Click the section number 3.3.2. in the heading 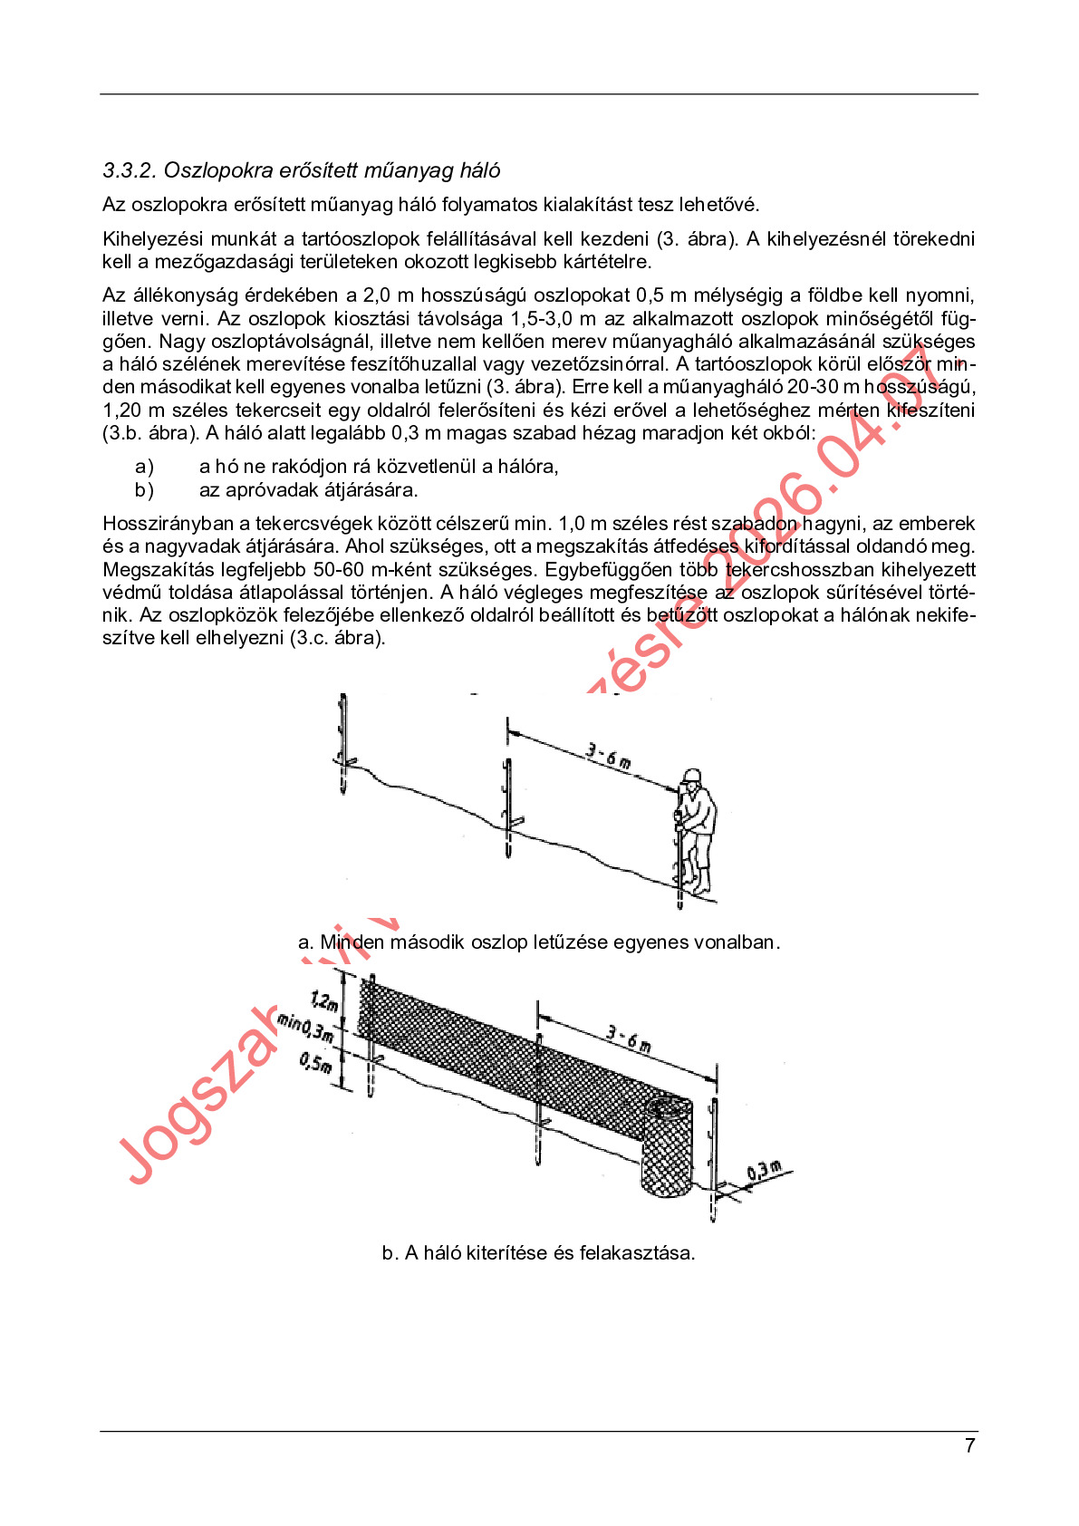coord(130,171)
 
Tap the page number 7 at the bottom coord(969,1446)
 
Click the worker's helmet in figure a coord(692,776)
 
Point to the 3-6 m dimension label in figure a coord(608,754)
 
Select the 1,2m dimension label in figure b coord(324,1001)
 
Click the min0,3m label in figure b coord(305,1028)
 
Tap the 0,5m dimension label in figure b coord(316,1060)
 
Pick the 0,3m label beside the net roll coord(764,1171)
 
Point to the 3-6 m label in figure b coord(629,1038)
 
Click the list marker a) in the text coord(144,467)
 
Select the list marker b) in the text coord(144,490)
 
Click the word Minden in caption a coord(352,942)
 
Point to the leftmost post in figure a coord(343,743)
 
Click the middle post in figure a coord(508,806)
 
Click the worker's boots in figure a coord(697,884)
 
